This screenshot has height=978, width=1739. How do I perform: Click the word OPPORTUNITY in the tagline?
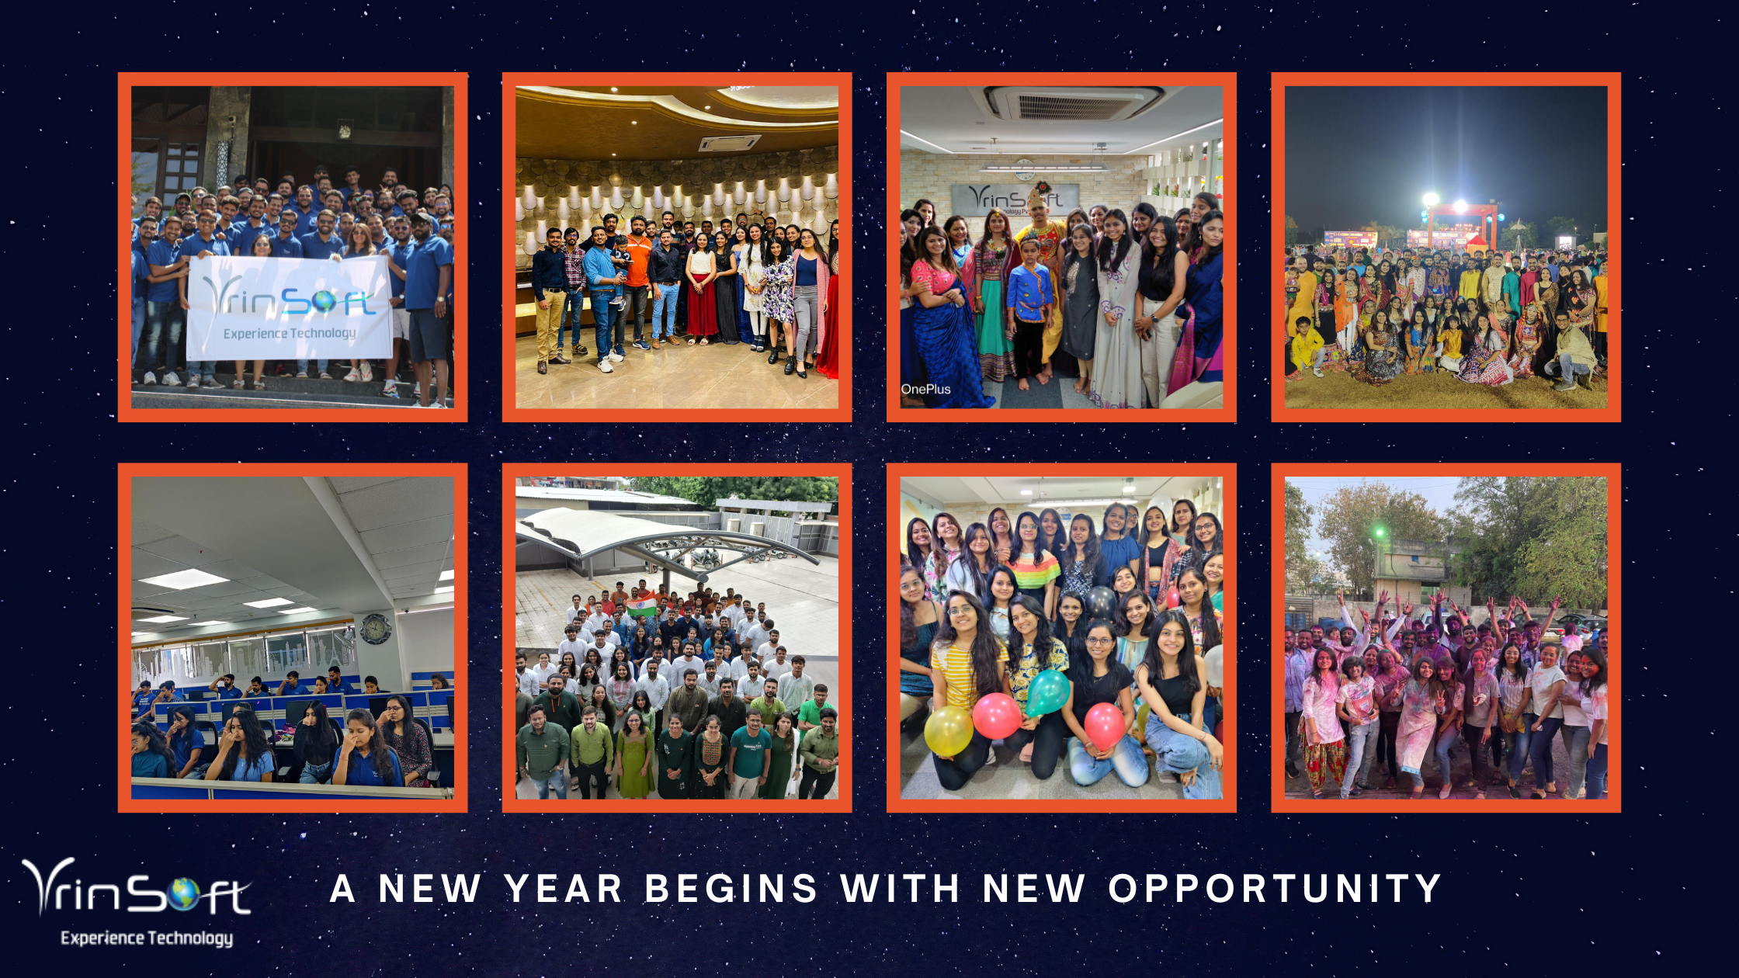tap(1275, 889)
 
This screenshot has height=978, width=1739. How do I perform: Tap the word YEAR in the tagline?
tap(564, 889)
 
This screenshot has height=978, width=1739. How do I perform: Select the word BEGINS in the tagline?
tap(731, 889)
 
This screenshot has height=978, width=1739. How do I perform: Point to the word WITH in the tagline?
tap(901, 889)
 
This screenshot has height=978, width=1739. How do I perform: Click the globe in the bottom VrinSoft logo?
tap(183, 894)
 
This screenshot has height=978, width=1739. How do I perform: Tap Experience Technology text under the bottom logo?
tap(147, 938)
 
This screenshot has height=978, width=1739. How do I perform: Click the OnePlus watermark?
tap(925, 389)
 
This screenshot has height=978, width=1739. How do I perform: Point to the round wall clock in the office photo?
tap(375, 629)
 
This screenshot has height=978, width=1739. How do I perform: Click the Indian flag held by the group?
tap(641, 607)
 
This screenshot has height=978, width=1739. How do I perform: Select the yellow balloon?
tap(948, 730)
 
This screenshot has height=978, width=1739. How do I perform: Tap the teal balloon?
tap(1047, 692)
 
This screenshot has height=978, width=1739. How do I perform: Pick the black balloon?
tap(1099, 602)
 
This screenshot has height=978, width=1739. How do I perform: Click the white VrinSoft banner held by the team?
tap(289, 308)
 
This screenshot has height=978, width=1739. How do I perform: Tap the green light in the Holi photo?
tap(1380, 532)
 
